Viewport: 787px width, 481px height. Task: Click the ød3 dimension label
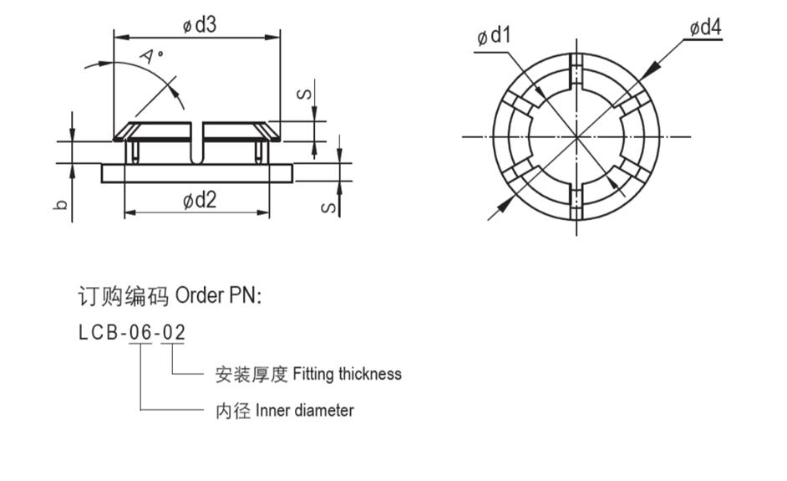[200, 25]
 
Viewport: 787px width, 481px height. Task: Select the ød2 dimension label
[200, 200]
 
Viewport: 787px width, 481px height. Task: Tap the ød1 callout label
[494, 36]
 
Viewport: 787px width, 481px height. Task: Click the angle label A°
[152, 57]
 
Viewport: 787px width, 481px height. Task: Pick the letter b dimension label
[60, 204]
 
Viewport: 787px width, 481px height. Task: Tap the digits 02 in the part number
[174, 332]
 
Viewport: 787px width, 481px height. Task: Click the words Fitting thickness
[347, 374]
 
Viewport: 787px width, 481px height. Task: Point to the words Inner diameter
[304, 411]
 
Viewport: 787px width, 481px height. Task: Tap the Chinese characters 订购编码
[123, 296]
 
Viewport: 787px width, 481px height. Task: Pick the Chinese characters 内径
[233, 411]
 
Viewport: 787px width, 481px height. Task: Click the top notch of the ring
[576, 71]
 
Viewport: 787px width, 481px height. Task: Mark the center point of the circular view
[576, 136]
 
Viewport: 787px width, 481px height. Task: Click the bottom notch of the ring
[576, 202]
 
